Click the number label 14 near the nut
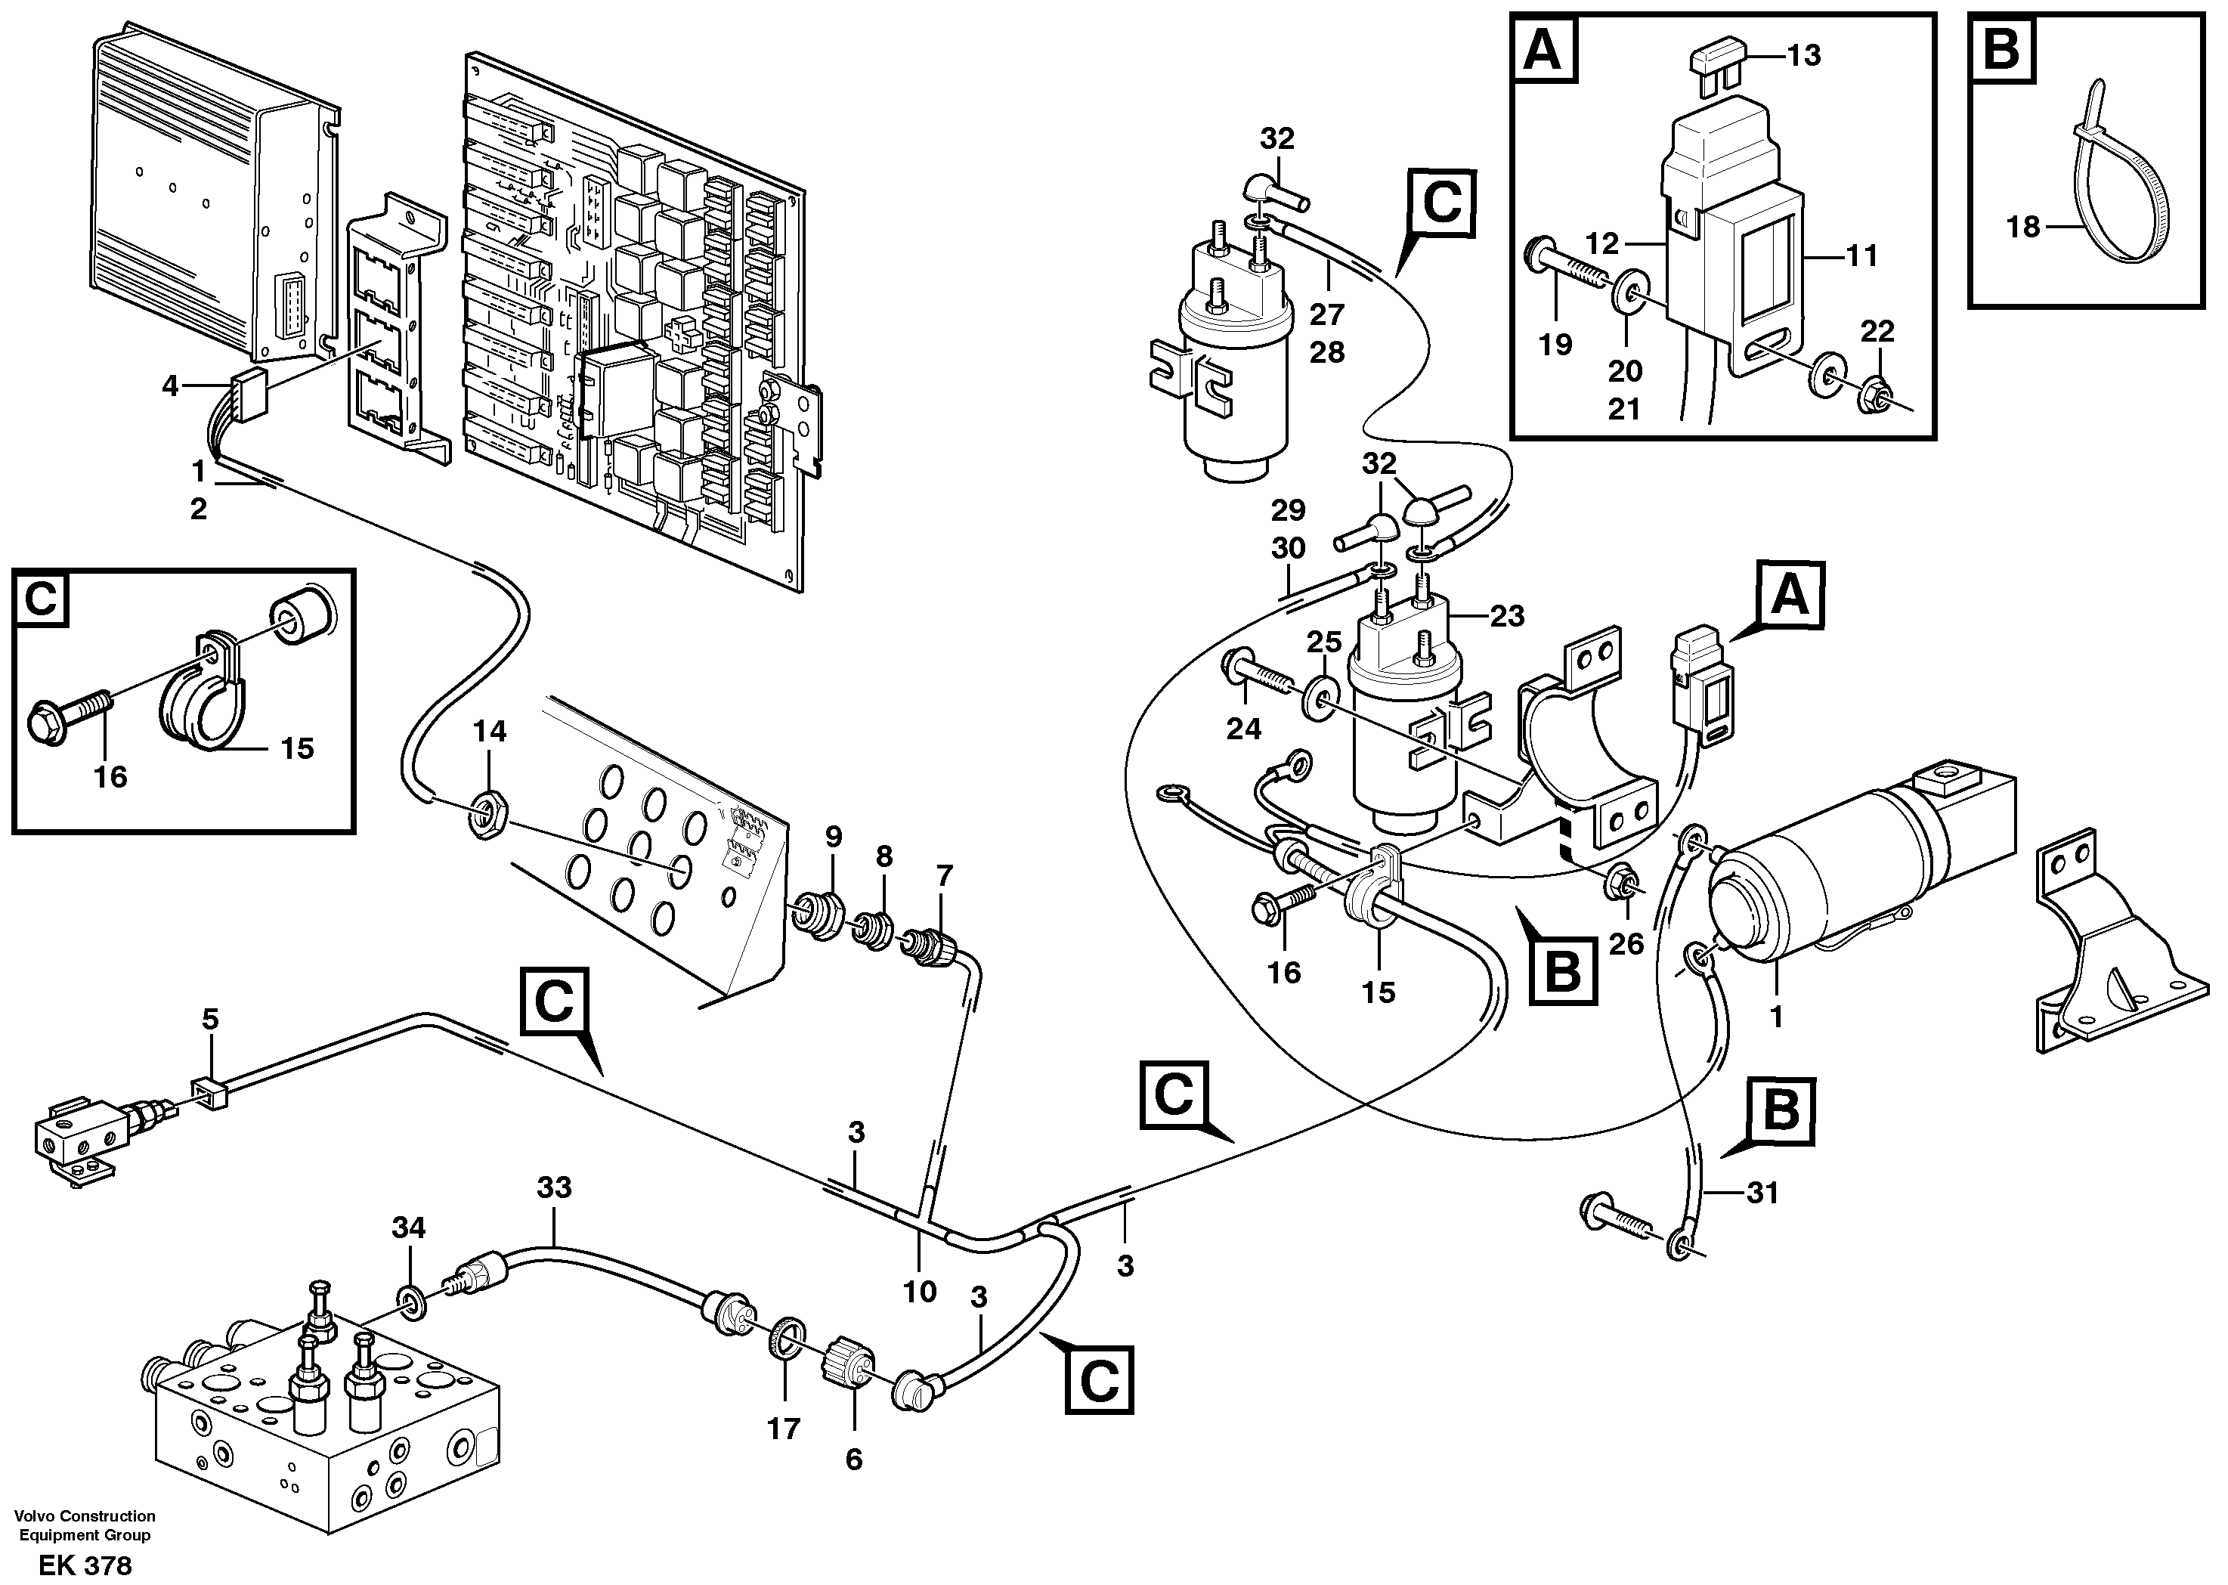(x=490, y=731)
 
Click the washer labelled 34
(x=412, y=1300)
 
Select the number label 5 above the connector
(x=210, y=1020)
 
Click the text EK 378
(x=85, y=1565)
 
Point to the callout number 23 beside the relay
(x=1507, y=616)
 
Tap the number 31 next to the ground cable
(x=1762, y=1193)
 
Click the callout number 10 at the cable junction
(x=919, y=1291)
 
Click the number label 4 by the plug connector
(x=170, y=386)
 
